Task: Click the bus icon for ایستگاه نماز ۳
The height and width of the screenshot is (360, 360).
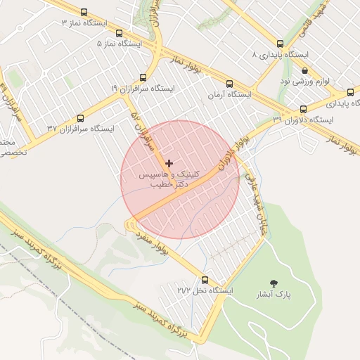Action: [x=84, y=12]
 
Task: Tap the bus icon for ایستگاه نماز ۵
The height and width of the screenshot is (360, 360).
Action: [x=119, y=32]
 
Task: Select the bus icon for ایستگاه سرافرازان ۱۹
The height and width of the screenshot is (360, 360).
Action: [x=143, y=77]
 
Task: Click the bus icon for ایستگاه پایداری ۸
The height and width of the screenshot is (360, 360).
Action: [x=280, y=44]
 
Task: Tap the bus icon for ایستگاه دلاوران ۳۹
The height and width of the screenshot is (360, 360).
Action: [x=303, y=109]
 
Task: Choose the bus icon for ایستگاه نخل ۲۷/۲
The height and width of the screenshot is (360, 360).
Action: [x=205, y=279]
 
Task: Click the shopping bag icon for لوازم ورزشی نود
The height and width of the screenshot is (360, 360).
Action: [x=304, y=70]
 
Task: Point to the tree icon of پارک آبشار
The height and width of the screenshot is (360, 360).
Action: [x=274, y=283]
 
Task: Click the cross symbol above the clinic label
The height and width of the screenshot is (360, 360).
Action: [x=169, y=163]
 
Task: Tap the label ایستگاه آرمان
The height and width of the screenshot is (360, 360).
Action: [x=229, y=94]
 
